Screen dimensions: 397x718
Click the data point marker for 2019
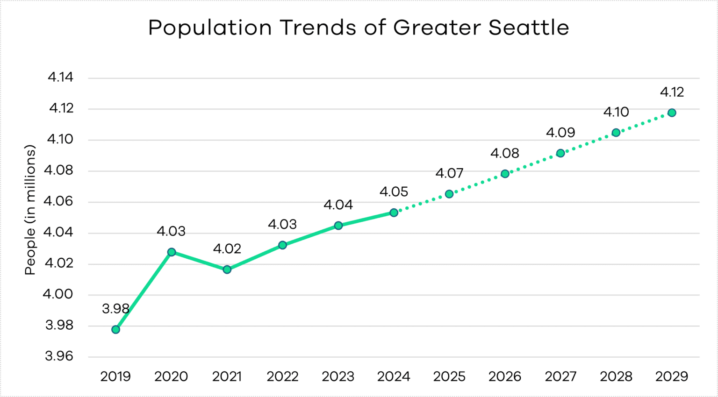(115, 329)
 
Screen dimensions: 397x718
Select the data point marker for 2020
(172, 252)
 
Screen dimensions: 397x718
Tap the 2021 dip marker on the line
(227, 269)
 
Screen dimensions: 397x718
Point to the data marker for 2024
(394, 213)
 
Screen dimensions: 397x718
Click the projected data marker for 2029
(672, 113)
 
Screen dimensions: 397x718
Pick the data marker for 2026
(505, 174)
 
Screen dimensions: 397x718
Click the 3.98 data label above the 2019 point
(115, 309)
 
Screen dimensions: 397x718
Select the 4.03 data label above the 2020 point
(171, 231)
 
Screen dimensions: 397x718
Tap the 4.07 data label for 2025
(449, 173)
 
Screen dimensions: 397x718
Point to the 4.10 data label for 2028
(616, 112)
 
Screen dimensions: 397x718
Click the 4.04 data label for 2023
(338, 205)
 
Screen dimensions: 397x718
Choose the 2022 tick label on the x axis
(282, 376)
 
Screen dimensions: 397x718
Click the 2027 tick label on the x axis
(560, 376)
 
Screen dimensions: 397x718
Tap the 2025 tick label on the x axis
(449, 376)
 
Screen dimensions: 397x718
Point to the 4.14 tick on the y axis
(61, 77)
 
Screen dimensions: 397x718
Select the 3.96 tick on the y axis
(59, 356)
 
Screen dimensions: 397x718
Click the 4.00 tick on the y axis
(58, 294)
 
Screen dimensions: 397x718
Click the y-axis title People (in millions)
(30, 210)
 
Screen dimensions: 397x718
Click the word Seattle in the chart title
(529, 28)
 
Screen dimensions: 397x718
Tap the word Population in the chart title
(210, 28)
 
